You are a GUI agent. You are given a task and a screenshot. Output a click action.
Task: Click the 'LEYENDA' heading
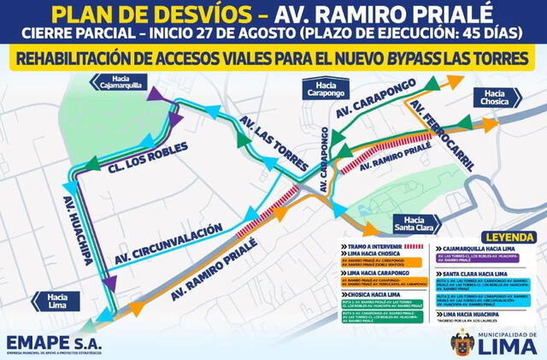[x=504, y=236]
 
